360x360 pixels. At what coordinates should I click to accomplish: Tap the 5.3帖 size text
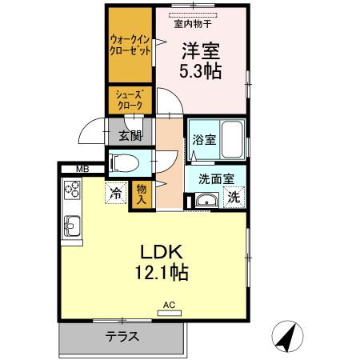(x=201, y=70)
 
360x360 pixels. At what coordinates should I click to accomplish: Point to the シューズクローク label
(x=130, y=100)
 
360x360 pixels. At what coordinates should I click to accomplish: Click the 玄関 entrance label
(x=130, y=134)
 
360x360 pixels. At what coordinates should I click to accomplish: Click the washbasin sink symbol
(x=206, y=201)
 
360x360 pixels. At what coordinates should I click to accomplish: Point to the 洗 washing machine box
(x=233, y=197)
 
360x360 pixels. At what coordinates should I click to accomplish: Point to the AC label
(x=169, y=305)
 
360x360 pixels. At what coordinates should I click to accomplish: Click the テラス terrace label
(x=122, y=337)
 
